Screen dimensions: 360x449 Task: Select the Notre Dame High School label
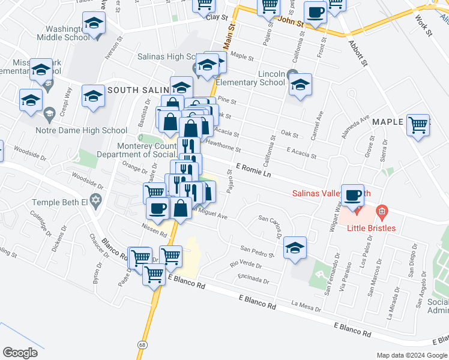[x=90, y=130]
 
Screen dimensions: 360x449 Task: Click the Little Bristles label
[x=370, y=228]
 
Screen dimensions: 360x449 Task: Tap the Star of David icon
[x=95, y=199]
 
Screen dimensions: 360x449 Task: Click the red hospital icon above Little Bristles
[x=382, y=212]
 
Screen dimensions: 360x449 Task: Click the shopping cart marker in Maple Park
[x=418, y=126]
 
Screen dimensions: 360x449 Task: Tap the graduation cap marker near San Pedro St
[x=295, y=247]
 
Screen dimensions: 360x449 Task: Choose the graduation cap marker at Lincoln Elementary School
[x=300, y=84]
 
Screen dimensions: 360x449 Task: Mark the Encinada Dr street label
[x=252, y=278]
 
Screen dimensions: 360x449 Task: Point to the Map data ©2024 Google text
[x=412, y=355]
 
